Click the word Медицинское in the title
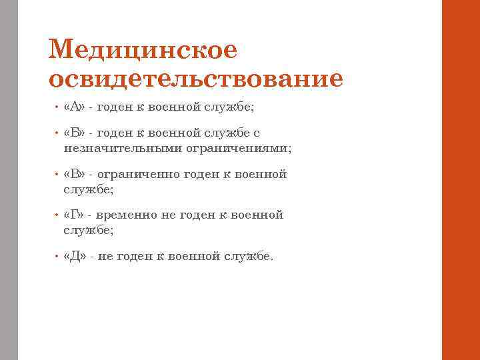[x=143, y=49]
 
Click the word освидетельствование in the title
[x=196, y=79]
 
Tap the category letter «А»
[x=75, y=107]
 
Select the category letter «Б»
[x=75, y=133]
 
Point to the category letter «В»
[x=75, y=175]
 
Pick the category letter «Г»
[x=75, y=215]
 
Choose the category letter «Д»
[x=75, y=256]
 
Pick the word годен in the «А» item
[x=115, y=107]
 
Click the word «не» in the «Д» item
[x=105, y=256]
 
